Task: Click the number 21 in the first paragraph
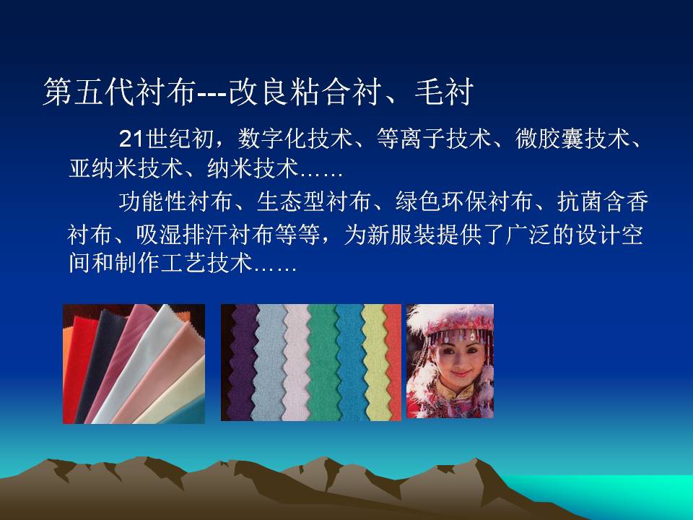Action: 131,139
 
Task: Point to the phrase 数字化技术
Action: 295,139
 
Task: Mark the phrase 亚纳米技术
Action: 126,168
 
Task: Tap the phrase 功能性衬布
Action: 175,201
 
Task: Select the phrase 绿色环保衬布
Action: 464,201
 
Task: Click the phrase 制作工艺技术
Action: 183,263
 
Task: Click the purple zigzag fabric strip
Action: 242,363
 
